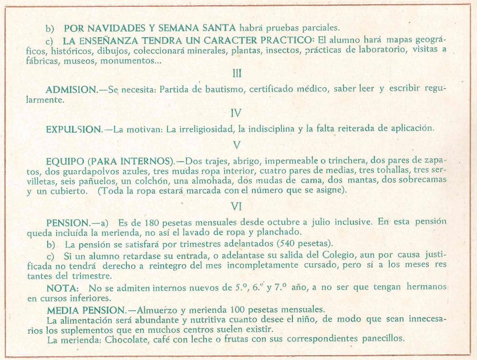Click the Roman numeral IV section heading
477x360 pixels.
(x=236, y=113)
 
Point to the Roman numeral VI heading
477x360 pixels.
(x=237, y=206)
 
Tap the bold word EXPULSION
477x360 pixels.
(x=74, y=129)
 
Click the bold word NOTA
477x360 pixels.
(x=62, y=288)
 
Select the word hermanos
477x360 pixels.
(x=426, y=288)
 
